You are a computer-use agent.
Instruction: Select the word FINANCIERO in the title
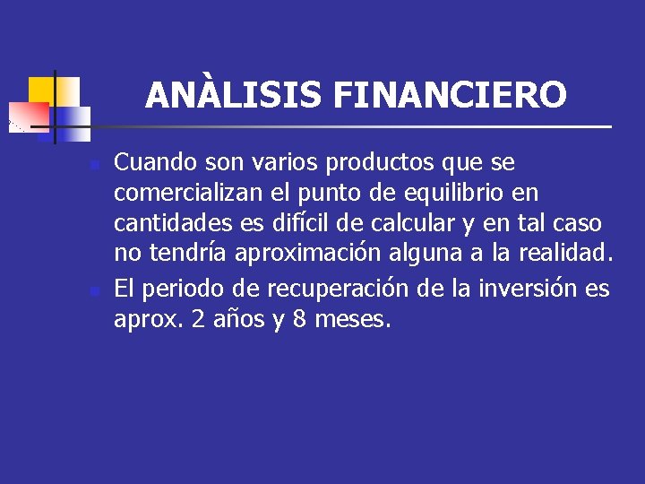tap(450, 94)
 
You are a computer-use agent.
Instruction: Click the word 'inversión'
tap(530, 289)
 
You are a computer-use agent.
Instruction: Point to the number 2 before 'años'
tap(198, 320)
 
